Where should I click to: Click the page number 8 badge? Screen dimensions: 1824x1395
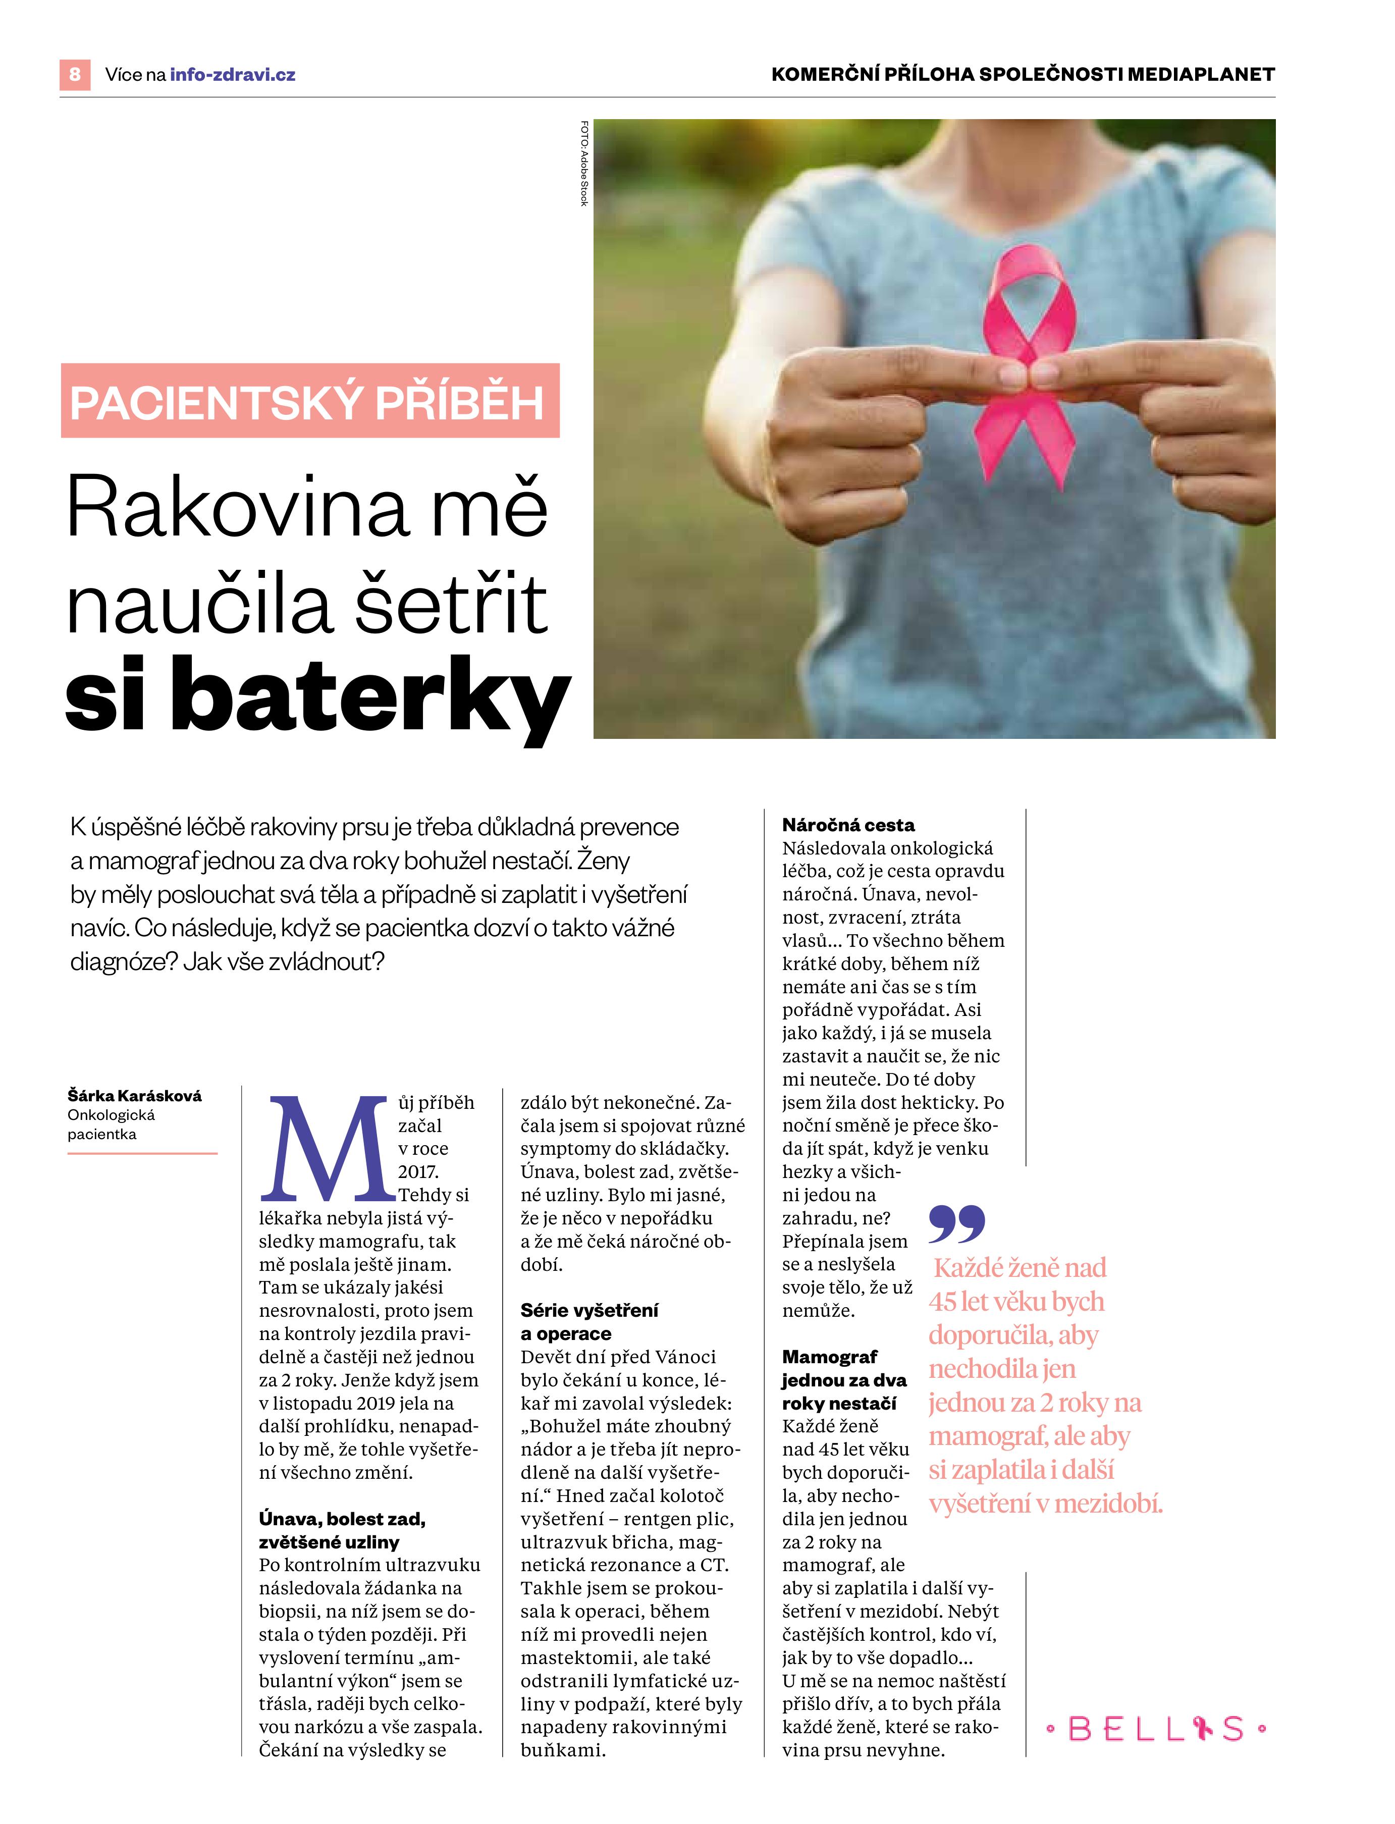click(75, 75)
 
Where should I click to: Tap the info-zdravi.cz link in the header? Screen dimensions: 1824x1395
click(233, 75)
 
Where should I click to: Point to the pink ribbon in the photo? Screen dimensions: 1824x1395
click(1030, 365)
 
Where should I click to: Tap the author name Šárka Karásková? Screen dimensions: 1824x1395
click(135, 1095)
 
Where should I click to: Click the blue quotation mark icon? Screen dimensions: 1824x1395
click(956, 1223)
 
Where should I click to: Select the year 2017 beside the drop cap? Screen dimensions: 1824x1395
click(418, 1171)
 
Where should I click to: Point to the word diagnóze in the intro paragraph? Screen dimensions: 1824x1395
click(122, 961)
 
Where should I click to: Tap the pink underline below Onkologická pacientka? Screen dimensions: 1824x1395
click(142, 1153)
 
